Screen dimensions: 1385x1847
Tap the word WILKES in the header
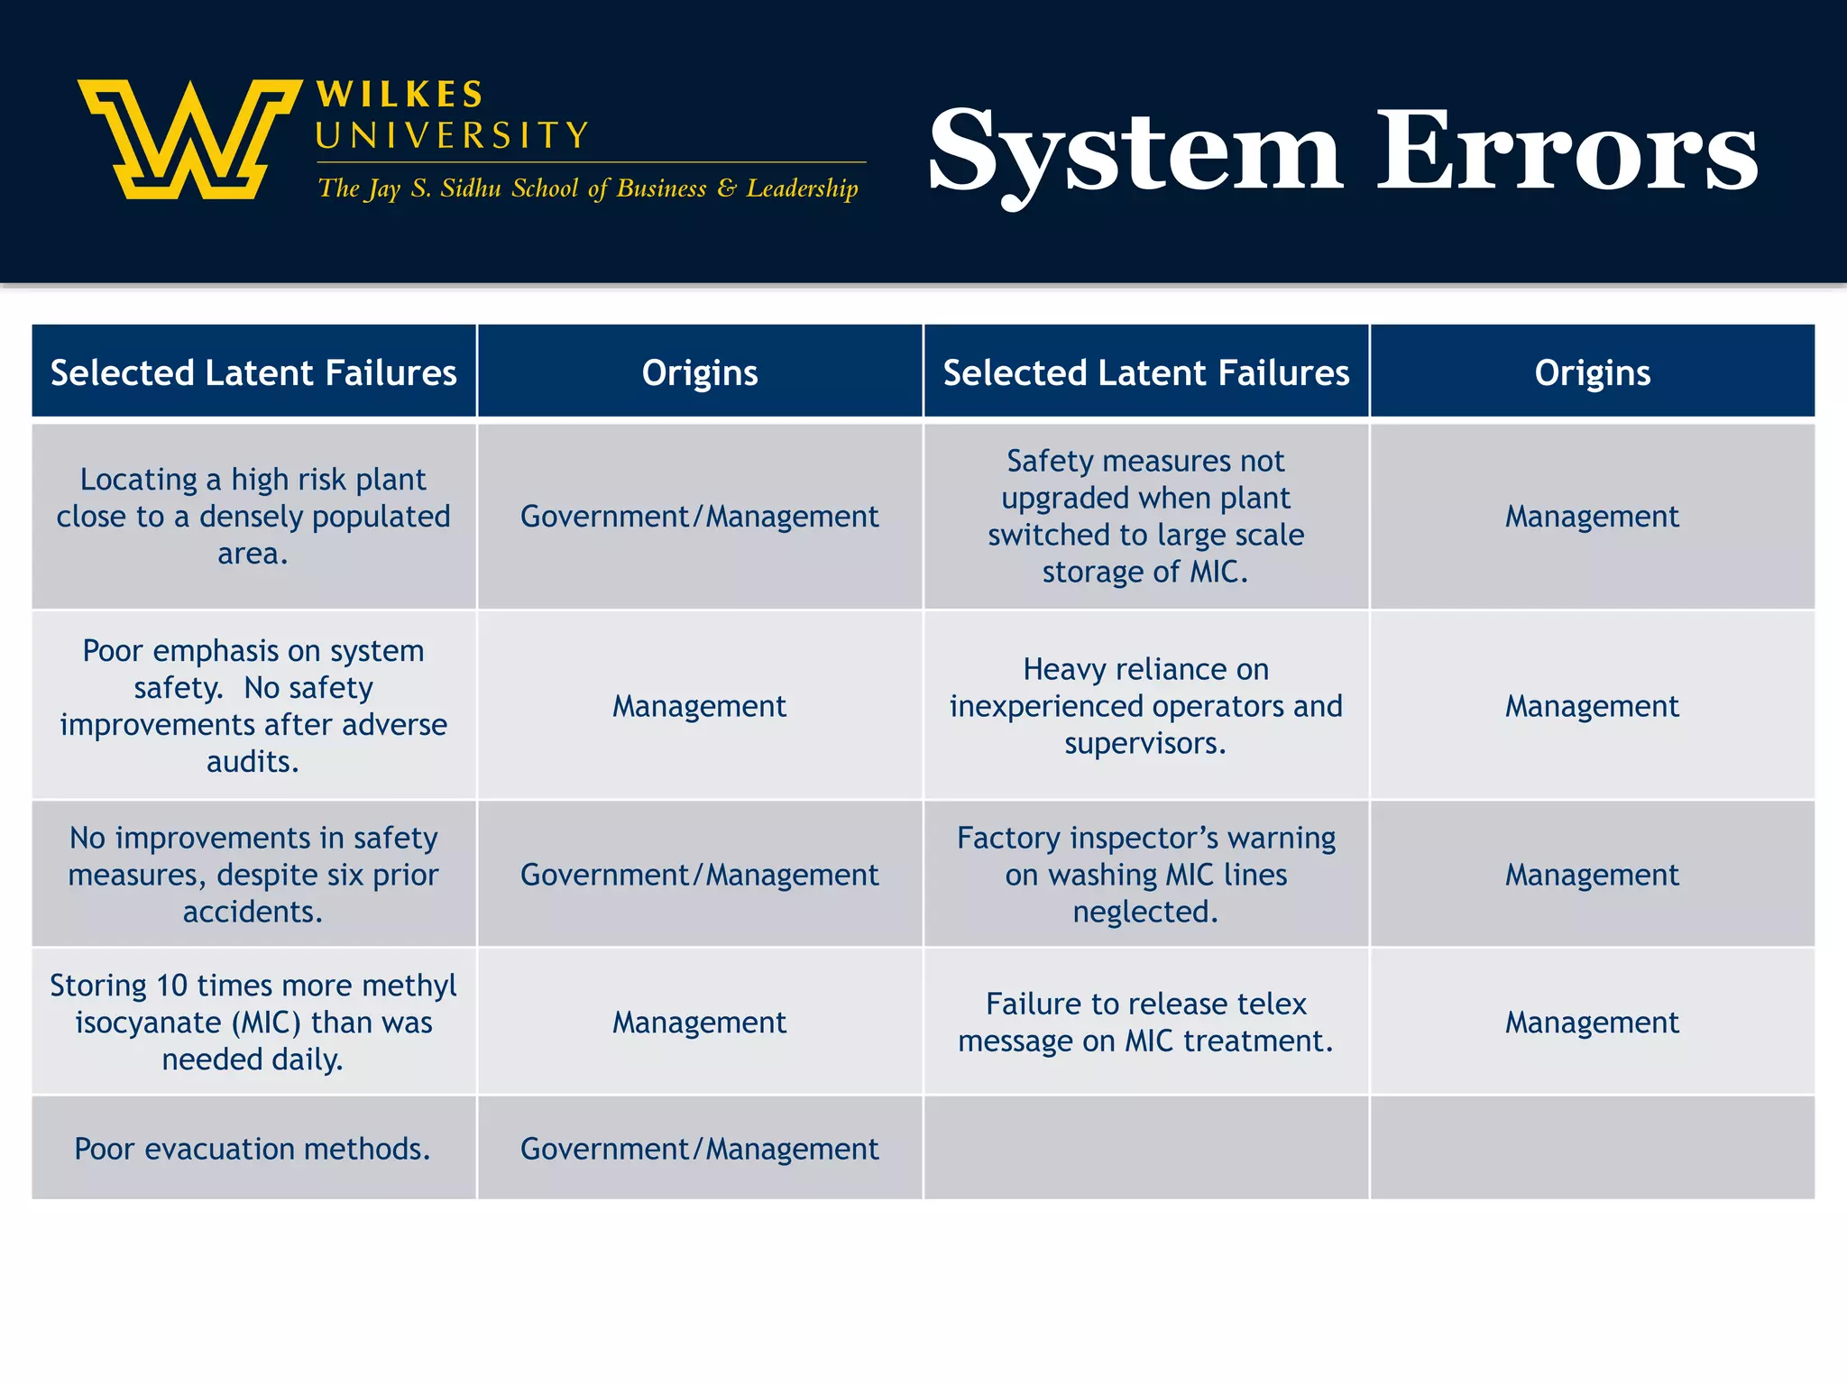pos(400,95)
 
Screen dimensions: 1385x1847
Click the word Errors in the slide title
pos(1567,151)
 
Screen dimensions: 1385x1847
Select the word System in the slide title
pos(1135,151)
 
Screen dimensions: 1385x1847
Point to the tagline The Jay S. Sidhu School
pos(587,188)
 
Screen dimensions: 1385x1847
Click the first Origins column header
pos(699,372)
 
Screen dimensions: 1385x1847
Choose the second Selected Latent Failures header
pos(1145,372)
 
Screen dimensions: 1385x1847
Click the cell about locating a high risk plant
pos(253,516)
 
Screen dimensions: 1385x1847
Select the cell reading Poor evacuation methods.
pos(253,1149)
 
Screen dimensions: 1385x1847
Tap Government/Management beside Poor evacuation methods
pos(699,1149)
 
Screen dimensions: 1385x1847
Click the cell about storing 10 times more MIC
pos(253,1022)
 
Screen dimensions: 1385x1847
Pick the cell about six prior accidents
pos(253,874)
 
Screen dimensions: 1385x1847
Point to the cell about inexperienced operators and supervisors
pos(1145,706)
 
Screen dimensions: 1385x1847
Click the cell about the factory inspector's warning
pos(1145,874)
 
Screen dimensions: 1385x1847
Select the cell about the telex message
pos(1145,1022)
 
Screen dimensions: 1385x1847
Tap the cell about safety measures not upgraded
pos(1145,516)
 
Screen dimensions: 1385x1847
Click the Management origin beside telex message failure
pos(1592,1022)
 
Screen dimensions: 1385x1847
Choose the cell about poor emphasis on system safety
pos(253,706)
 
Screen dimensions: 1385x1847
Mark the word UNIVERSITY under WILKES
pos(452,136)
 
